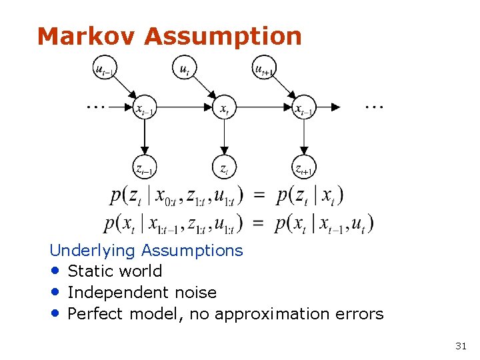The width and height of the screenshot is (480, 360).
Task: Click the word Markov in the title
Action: click(x=87, y=36)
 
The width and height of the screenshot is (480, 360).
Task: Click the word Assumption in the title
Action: click(x=223, y=37)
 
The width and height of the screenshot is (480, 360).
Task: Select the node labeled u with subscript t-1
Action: click(x=103, y=69)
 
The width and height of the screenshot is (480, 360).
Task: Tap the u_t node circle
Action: click(x=184, y=69)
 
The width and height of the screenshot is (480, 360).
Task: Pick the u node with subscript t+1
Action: click(x=265, y=69)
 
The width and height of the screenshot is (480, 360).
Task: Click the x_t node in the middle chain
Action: click(x=224, y=107)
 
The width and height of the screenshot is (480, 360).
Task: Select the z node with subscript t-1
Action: click(x=143, y=168)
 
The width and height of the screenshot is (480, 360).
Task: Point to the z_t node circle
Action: click(x=224, y=168)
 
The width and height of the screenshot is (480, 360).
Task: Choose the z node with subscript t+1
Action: click(x=305, y=168)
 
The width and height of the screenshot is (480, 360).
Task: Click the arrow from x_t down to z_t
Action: click(x=224, y=137)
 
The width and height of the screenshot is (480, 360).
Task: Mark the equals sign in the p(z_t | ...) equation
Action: click(x=260, y=195)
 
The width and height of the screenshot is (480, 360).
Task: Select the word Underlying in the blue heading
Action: click(x=93, y=251)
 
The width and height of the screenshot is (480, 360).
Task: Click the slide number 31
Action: click(x=460, y=345)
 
